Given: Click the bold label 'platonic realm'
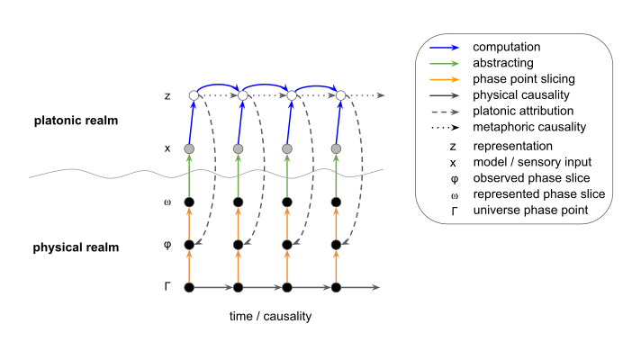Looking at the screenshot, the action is [x=76, y=121].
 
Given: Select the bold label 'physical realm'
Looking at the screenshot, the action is [x=76, y=247].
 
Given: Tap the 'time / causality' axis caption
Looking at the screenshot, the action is [x=271, y=316].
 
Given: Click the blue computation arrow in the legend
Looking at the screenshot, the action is [x=445, y=48].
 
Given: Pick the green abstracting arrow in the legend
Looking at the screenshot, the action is [x=445, y=63].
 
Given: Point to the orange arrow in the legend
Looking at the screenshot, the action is [x=445, y=80].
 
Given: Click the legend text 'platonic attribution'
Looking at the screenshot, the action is [x=523, y=111].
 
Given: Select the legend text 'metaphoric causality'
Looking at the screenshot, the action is [x=529, y=127].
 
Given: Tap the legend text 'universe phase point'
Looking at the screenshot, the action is [x=530, y=211].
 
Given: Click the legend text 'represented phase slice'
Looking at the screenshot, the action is [x=539, y=194].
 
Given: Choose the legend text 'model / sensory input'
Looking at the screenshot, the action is [x=532, y=162].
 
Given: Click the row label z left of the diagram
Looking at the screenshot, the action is [x=167, y=96].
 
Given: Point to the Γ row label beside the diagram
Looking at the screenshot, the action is [x=167, y=286].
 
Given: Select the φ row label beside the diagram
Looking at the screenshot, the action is [x=167, y=245].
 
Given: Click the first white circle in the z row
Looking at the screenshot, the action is [x=194, y=95].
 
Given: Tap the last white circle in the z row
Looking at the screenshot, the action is [x=340, y=95].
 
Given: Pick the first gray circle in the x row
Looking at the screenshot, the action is [x=189, y=148].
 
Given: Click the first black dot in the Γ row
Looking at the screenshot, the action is [x=189, y=288].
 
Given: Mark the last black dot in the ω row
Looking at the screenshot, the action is [x=336, y=202].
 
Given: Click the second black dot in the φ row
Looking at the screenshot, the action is [x=238, y=245].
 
